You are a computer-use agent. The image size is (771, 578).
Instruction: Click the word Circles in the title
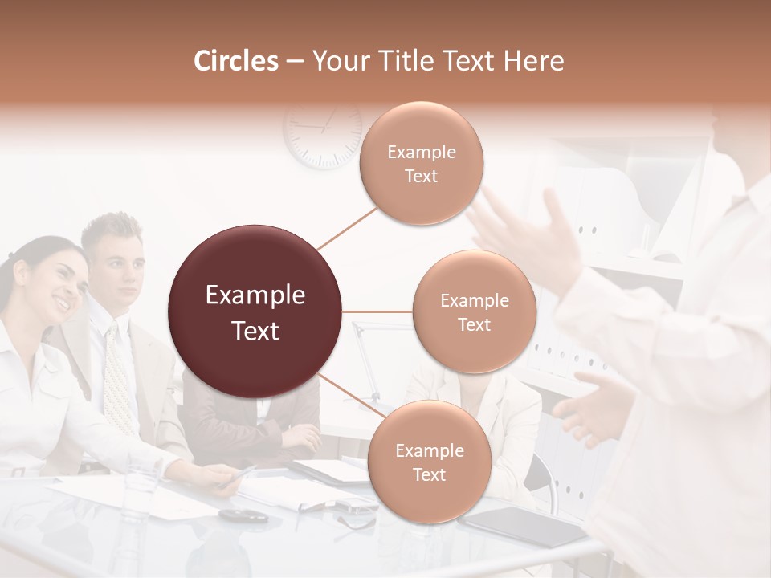(236, 61)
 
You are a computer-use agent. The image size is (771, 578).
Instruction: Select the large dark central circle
(255, 311)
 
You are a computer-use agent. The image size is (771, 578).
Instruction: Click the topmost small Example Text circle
(422, 163)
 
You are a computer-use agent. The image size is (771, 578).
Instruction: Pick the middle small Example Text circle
(474, 311)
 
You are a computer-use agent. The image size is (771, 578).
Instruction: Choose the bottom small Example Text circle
(429, 462)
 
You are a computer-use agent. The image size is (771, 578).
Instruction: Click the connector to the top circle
(347, 226)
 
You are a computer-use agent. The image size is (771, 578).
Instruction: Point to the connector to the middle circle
(377, 311)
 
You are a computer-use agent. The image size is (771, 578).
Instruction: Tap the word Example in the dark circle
(255, 295)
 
